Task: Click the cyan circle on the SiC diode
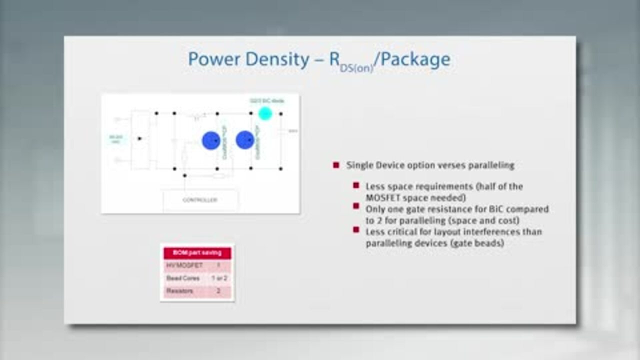coord(265,113)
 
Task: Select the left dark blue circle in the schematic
coord(211,140)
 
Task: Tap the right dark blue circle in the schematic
coord(244,140)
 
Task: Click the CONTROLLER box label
coord(199,200)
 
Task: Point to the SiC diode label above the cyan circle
coord(267,101)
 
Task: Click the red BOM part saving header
coord(197,253)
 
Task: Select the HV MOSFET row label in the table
coord(184,265)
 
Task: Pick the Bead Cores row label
coord(183,278)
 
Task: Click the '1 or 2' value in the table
coord(218,278)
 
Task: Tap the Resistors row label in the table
coord(180,290)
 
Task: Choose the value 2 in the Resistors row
coord(218,290)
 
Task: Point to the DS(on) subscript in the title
coord(356,68)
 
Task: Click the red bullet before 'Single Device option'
coord(336,165)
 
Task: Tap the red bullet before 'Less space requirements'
coord(356,185)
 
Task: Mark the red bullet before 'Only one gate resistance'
coord(356,207)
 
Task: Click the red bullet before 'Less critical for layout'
coord(356,230)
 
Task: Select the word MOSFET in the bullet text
coord(383,197)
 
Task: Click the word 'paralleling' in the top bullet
coord(490,165)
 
